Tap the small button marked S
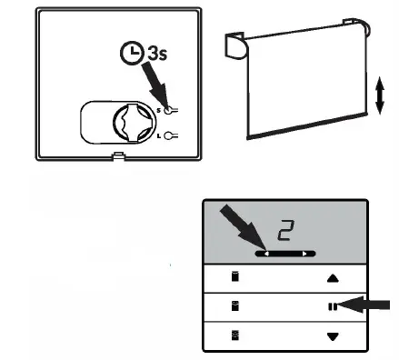[x=169, y=108]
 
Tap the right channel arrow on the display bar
[x=307, y=254]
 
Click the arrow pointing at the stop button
[x=368, y=305]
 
